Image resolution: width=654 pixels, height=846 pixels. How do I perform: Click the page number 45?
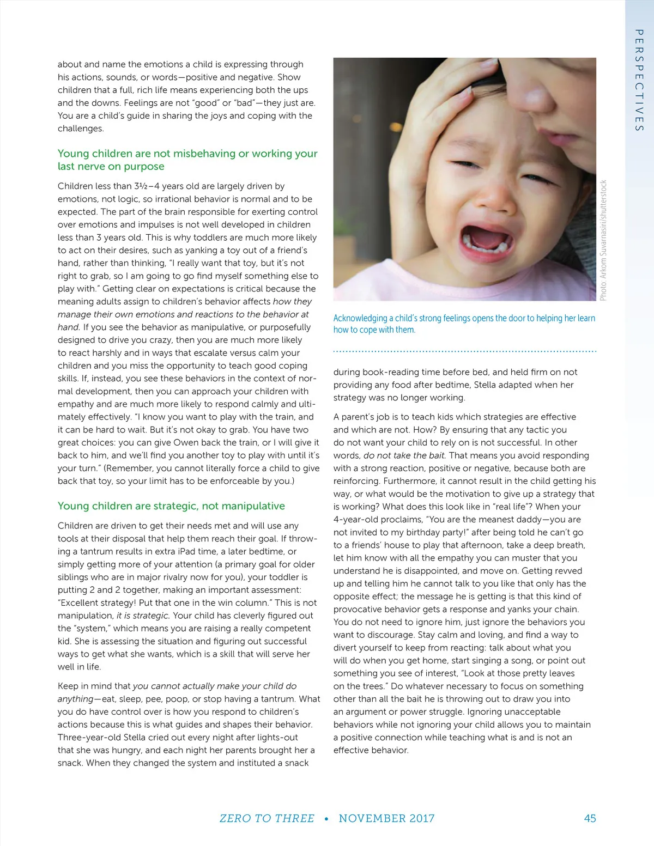tap(590, 818)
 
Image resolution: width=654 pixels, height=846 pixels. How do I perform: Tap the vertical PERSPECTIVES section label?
tap(639, 80)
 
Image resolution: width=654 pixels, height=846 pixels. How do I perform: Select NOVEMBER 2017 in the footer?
tap(386, 818)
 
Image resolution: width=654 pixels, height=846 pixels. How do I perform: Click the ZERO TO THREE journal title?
tap(267, 818)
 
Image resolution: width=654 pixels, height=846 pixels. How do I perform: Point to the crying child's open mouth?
tap(486, 238)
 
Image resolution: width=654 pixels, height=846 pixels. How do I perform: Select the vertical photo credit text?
tap(603, 240)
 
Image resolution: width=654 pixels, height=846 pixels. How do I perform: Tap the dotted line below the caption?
tap(464, 351)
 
